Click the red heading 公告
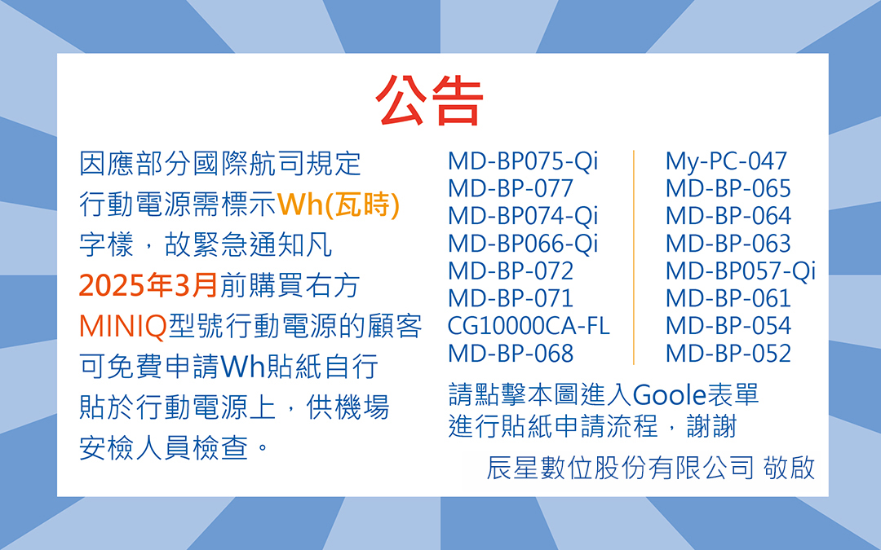pos(429,101)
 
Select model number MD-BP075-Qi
pos(523,161)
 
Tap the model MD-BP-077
pos(510,188)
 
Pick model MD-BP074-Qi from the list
pos(523,216)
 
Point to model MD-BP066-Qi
pos(523,244)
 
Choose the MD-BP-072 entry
pos(510,271)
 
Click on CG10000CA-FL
pos(528,326)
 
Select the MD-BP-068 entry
pos(510,354)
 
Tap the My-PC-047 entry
pos(726,161)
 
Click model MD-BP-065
pos(728,188)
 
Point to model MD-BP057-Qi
pos(741,271)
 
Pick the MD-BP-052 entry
pos(728,354)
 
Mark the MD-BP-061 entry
pos(728,298)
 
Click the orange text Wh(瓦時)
pos(339,205)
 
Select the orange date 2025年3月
pos(148,286)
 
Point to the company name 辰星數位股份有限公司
pos(620,468)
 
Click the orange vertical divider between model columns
pos(634,257)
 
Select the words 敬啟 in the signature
pos(789,468)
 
